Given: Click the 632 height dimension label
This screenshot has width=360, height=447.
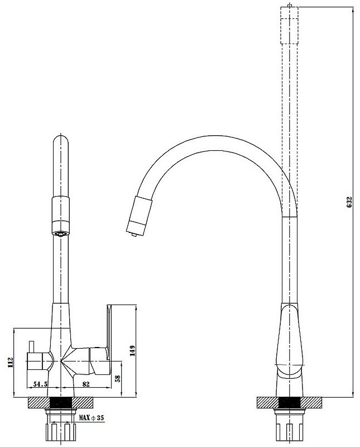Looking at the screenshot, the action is tap(350, 202).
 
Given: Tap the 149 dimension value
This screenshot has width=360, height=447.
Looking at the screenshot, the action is tap(132, 351).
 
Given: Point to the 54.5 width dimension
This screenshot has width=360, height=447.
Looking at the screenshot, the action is tap(40, 384).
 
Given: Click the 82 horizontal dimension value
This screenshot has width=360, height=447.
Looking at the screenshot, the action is tap(86, 384).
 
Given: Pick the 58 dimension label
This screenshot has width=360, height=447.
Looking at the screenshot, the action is tap(117, 378).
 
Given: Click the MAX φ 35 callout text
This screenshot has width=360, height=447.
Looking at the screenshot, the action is tap(92, 418).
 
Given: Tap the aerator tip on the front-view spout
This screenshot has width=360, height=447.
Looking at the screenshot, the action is tap(61, 233).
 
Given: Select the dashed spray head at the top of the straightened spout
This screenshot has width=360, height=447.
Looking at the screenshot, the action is tap(289, 25).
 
